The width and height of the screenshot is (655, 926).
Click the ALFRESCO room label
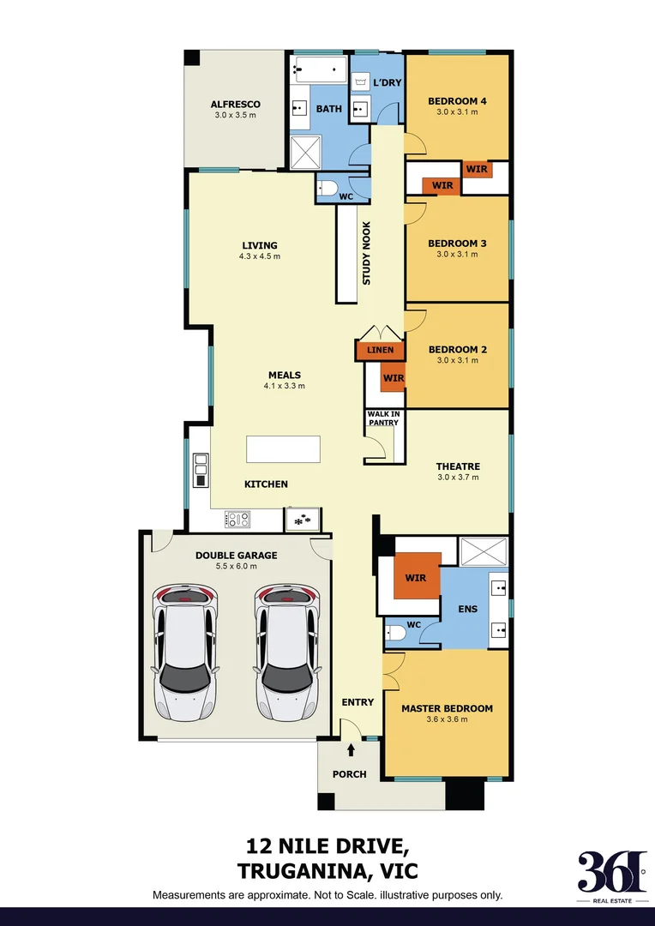point(235,105)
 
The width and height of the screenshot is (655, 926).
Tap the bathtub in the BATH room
point(318,70)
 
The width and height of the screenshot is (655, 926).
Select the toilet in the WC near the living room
point(327,189)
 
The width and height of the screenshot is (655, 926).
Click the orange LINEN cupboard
point(380,350)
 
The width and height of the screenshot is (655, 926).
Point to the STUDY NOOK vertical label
point(367,254)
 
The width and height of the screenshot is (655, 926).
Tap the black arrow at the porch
point(351,751)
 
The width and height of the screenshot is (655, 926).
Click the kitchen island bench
point(283,449)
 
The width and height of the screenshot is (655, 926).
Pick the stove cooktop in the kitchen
point(237,519)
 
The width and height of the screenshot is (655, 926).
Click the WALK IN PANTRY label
point(383,418)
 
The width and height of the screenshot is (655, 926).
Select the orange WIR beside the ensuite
point(416,576)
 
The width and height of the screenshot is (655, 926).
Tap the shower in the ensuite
point(484,550)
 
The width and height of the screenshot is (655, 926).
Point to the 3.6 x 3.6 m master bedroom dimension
point(447,720)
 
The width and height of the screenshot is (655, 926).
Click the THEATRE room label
point(457,466)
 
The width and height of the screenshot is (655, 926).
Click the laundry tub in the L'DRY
point(360,81)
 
